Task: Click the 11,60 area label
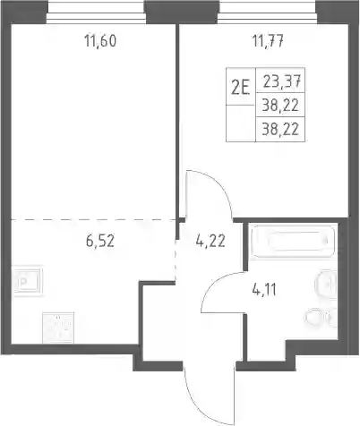[x=100, y=41]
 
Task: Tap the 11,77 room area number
[x=268, y=41]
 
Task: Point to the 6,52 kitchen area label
[x=100, y=241]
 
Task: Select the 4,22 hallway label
[x=210, y=241]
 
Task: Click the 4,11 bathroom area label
[x=264, y=290]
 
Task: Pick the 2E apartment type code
[x=241, y=88]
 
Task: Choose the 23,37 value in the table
[x=280, y=81]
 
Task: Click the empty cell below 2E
[x=241, y=124]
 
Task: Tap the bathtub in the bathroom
[x=293, y=241]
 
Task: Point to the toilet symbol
[x=321, y=318]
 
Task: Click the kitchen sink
[x=28, y=281]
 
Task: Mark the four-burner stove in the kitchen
[x=58, y=328]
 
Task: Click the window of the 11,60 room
[x=96, y=17]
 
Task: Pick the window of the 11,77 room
[x=268, y=17]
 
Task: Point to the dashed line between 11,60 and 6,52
[x=93, y=220]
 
